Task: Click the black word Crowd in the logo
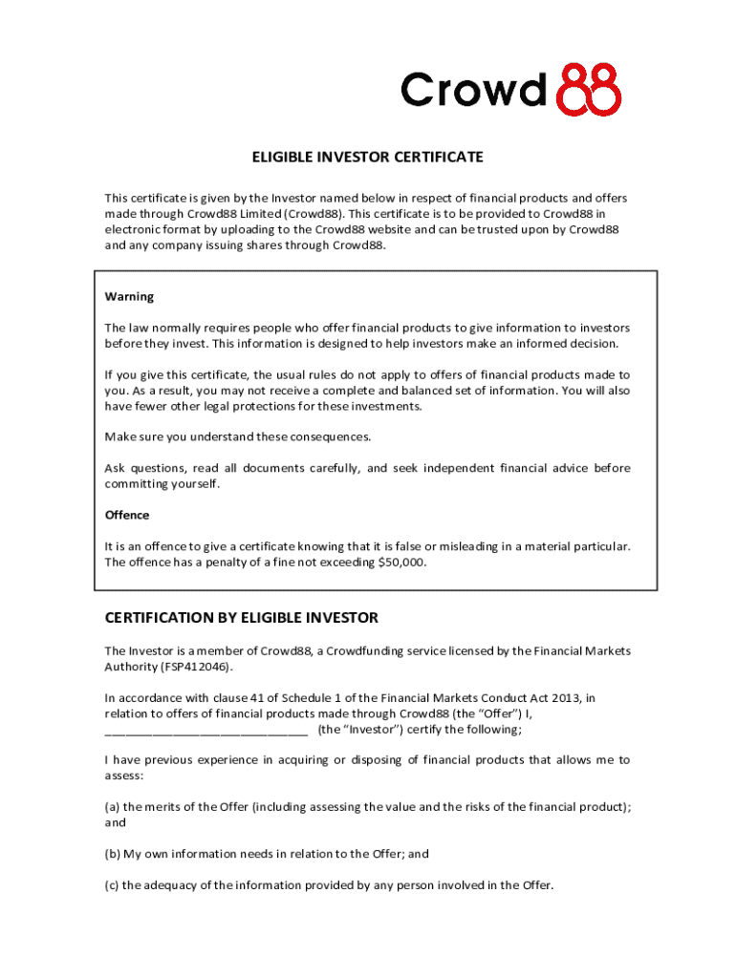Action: pos(474,91)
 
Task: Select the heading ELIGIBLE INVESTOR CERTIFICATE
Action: pos(367,157)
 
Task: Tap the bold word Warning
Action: pos(129,296)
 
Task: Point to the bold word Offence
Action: pos(127,515)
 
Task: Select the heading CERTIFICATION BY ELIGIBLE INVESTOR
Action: pos(241,617)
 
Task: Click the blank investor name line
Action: pos(206,730)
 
